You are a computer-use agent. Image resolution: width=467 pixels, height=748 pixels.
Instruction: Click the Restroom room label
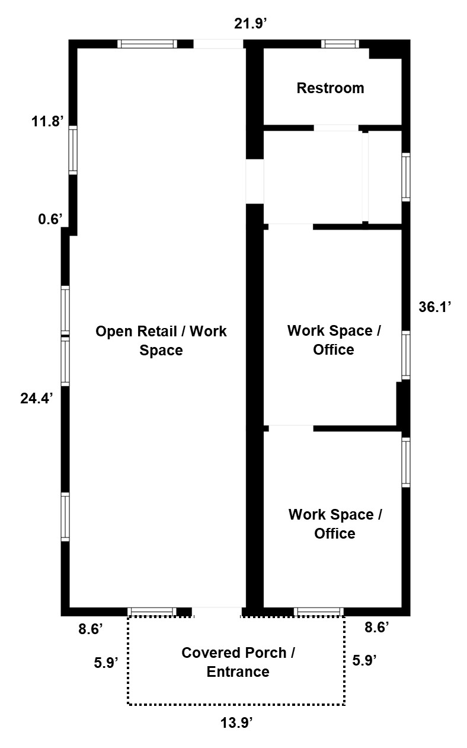point(330,88)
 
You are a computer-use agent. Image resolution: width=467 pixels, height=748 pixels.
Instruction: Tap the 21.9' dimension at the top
point(250,24)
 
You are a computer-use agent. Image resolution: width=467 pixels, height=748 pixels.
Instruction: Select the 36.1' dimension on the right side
point(435,307)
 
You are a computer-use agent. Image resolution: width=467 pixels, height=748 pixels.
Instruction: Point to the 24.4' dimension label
point(37,399)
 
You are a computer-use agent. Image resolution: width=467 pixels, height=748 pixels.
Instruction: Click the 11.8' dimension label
point(47,121)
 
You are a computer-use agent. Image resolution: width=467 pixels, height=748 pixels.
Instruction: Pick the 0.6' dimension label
point(50,219)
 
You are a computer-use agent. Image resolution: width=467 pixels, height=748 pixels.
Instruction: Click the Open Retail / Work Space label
point(161,340)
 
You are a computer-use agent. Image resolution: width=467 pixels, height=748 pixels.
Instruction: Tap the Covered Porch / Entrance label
point(238,662)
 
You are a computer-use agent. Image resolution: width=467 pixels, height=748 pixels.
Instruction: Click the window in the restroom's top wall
point(340,44)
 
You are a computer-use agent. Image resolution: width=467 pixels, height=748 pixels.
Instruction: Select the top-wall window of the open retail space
point(147,44)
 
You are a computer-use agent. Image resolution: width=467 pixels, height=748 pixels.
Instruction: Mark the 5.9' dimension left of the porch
point(106,663)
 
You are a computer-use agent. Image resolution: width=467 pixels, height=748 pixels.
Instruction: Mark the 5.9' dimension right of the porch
point(364,661)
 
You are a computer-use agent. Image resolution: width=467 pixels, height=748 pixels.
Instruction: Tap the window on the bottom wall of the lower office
point(319,612)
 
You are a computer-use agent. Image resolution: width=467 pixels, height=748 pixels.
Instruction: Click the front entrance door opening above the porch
point(217,612)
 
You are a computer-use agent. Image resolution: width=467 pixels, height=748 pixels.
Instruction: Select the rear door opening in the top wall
point(219,44)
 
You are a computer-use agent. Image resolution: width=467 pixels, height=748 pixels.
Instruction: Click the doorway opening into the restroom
point(336,128)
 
